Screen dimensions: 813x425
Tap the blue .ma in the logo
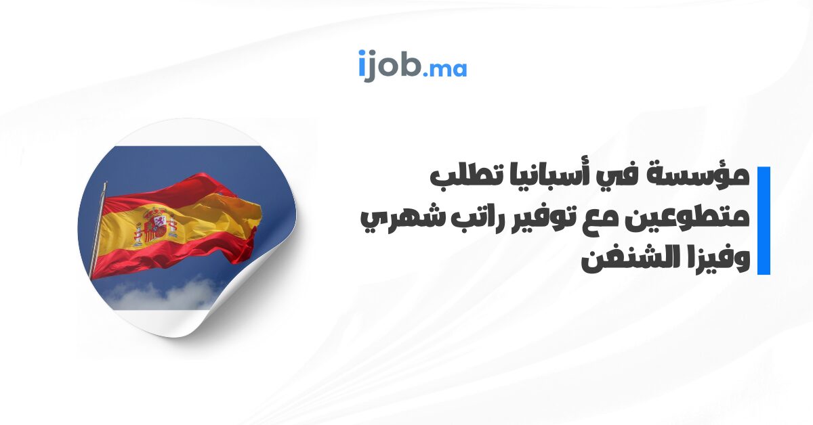445,69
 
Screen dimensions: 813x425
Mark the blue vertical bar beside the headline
764,221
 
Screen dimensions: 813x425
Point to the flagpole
98,230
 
